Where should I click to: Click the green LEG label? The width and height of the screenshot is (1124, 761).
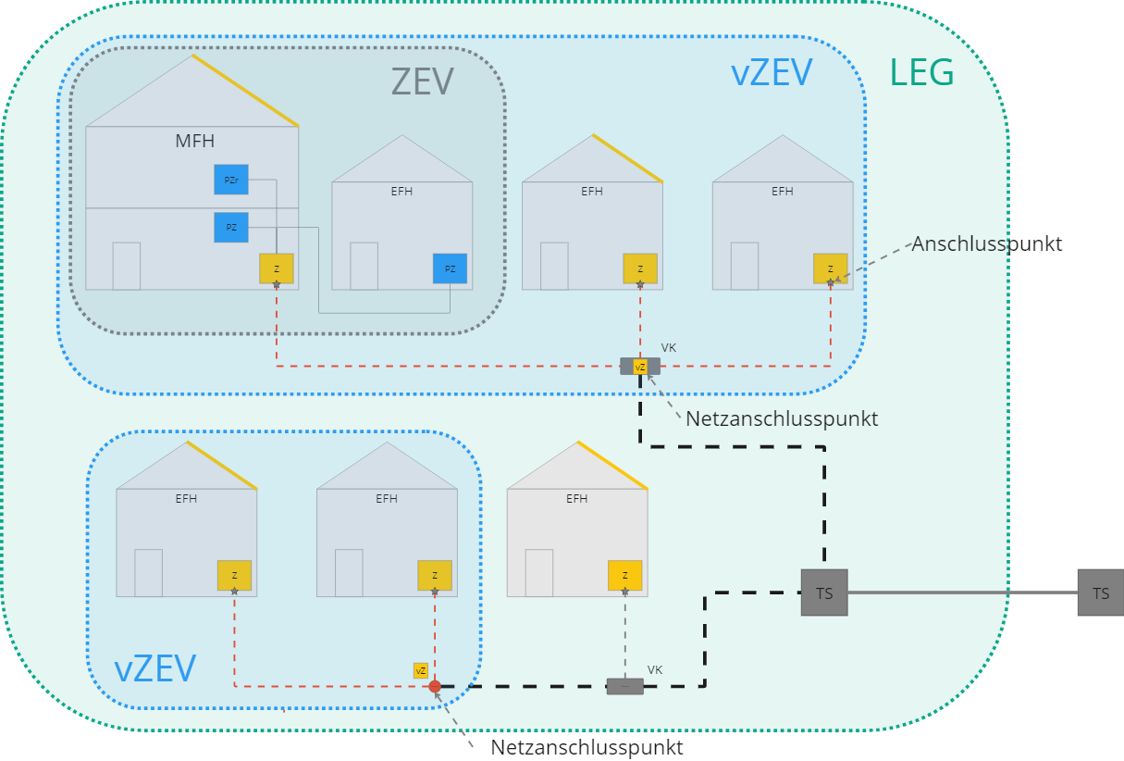click(921, 73)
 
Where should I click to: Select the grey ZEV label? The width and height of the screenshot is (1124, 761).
click(423, 81)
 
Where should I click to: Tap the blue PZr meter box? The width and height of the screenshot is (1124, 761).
click(231, 180)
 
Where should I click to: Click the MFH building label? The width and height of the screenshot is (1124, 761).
click(195, 142)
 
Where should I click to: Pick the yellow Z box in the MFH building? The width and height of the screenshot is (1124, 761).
click(277, 268)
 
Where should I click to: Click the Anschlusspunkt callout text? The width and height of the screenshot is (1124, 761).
click(986, 244)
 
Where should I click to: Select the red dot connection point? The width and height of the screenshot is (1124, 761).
click(435, 686)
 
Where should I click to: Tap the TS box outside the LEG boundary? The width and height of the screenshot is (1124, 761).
click(1101, 593)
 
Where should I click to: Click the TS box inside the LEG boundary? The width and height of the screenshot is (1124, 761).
click(824, 593)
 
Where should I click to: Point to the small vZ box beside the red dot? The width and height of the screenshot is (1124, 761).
click(421, 670)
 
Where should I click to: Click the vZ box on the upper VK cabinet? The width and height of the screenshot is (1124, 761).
click(640, 367)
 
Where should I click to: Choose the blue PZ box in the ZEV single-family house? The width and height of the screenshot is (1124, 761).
click(450, 268)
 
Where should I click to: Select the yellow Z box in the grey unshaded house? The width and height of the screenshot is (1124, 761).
click(625, 575)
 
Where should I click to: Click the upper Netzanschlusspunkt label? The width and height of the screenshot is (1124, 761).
click(782, 418)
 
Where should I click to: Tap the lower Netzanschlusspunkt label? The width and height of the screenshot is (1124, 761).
click(587, 747)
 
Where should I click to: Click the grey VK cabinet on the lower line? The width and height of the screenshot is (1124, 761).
click(624, 686)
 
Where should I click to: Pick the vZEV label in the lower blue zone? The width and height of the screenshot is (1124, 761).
click(154, 669)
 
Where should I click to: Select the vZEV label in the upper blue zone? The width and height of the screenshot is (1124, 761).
click(772, 73)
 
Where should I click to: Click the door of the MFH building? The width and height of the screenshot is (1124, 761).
click(127, 266)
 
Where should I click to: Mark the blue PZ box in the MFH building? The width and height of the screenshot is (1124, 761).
click(231, 228)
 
